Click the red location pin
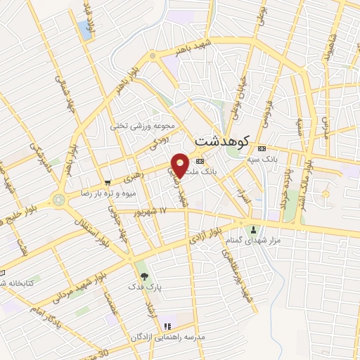point(180,165)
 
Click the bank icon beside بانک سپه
point(262,149)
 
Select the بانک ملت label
point(215,171)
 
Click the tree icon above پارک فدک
point(144,276)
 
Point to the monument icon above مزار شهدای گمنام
point(254,230)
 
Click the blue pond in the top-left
point(85,29)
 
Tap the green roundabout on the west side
point(58,199)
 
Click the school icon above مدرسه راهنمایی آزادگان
point(167,327)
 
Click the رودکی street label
point(156,145)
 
